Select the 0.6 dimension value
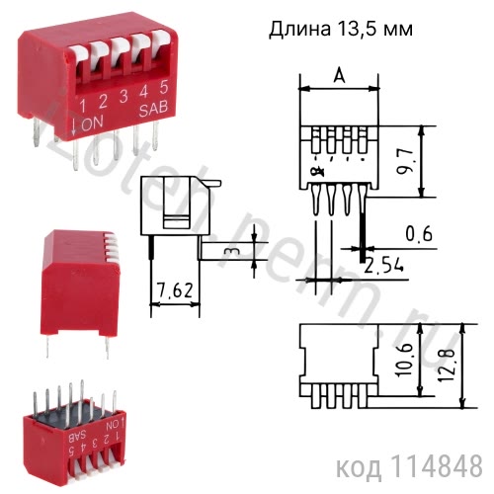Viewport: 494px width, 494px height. [420, 234]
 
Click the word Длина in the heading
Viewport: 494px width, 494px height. [299, 29]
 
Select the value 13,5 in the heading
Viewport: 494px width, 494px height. [360, 30]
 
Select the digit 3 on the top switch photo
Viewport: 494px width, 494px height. [123, 96]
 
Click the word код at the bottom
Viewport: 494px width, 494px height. [360, 464]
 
